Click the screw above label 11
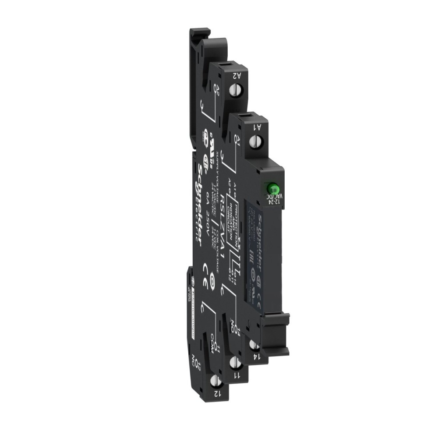[x=234, y=362]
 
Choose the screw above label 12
[x=215, y=380]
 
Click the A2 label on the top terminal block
[x=237, y=75]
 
